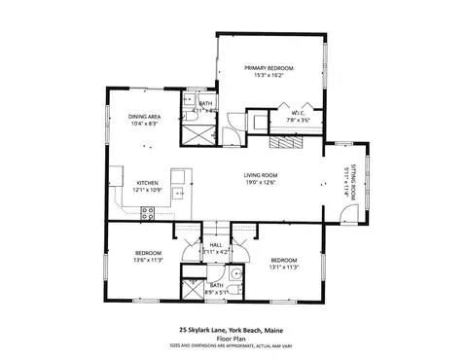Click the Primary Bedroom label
click(x=268, y=68)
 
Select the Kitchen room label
click(x=147, y=182)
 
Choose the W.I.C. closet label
click(x=299, y=114)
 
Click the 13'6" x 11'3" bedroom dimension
click(x=147, y=260)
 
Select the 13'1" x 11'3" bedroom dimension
click(x=283, y=267)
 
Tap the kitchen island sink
click(x=179, y=193)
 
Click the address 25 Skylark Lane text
click(x=233, y=329)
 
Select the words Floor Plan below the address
click(x=233, y=337)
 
